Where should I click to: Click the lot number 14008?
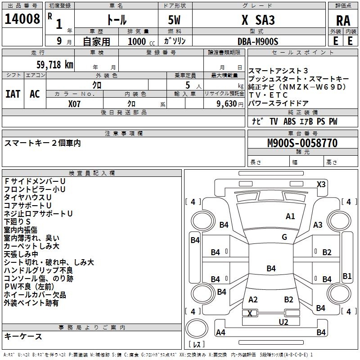[22, 19]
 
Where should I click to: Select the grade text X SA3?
[258, 20]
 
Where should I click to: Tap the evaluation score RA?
[343, 21]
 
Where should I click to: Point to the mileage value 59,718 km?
[55, 65]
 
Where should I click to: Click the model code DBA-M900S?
[258, 41]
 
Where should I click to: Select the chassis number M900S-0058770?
[302, 143]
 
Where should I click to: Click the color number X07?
[74, 104]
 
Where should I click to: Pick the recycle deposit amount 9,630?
[227, 104]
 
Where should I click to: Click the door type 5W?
[174, 20]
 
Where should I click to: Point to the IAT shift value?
[13, 94]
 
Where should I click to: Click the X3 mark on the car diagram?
[321, 184]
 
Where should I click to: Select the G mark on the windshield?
[284, 237]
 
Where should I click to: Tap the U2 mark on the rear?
[283, 322]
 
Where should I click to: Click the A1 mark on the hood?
[290, 216]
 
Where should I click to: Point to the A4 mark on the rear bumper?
[220, 332]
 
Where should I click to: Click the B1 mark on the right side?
[347, 276]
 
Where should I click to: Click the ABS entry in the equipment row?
[289, 121]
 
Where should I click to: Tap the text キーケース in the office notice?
[23, 336]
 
